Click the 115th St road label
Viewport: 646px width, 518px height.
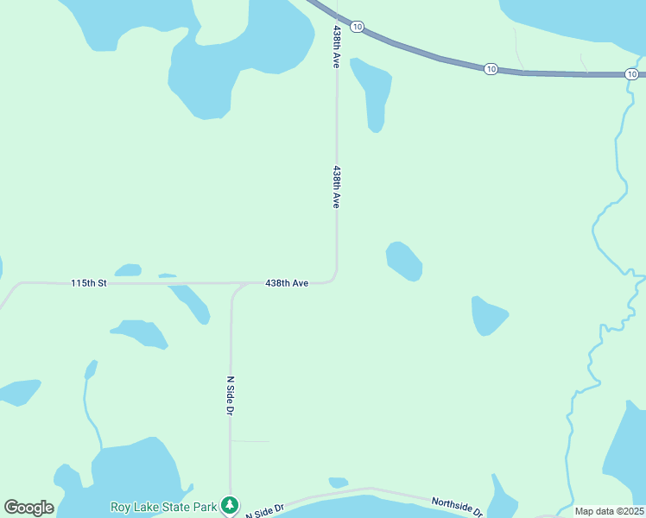(x=88, y=283)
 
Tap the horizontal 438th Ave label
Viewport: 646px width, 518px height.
(x=287, y=283)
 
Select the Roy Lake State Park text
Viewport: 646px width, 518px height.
(x=163, y=507)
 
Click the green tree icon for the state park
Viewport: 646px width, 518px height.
(x=229, y=504)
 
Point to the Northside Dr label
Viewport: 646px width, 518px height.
(x=456, y=507)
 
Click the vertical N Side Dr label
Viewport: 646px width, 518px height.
(x=231, y=396)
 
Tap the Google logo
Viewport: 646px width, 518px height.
(x=28, y=508)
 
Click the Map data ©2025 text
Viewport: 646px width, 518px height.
(x=608, y=511)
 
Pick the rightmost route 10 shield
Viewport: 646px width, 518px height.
(x=631, y=75)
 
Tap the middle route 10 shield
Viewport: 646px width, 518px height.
(x=490, y=68)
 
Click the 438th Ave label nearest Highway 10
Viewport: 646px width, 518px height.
(x=337, y=47)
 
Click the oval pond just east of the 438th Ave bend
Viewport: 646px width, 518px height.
(x=404, y=260)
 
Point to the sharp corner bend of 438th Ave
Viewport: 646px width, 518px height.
(x=334, y=276)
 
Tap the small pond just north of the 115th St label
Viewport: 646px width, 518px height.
(x=128, y=270)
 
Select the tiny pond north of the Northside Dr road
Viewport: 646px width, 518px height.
(x=339, y=483)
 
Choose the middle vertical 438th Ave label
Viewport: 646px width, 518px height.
(x=337, y=187)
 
